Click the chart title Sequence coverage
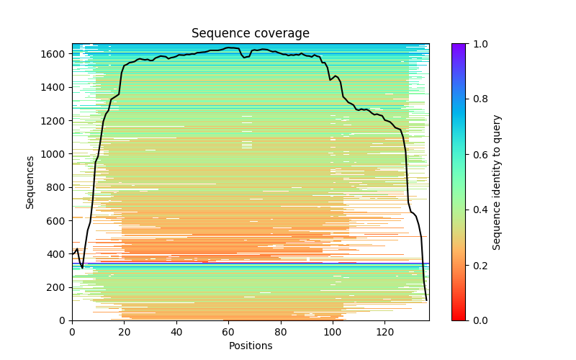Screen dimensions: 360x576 click(x=251, y=34)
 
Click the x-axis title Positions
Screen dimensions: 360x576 click(x=251, y=346)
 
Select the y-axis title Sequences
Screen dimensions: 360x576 click(x=30, y=182)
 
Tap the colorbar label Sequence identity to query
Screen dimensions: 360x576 click(x=497, y=182)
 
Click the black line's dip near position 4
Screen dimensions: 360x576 click(x=82, y=268)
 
